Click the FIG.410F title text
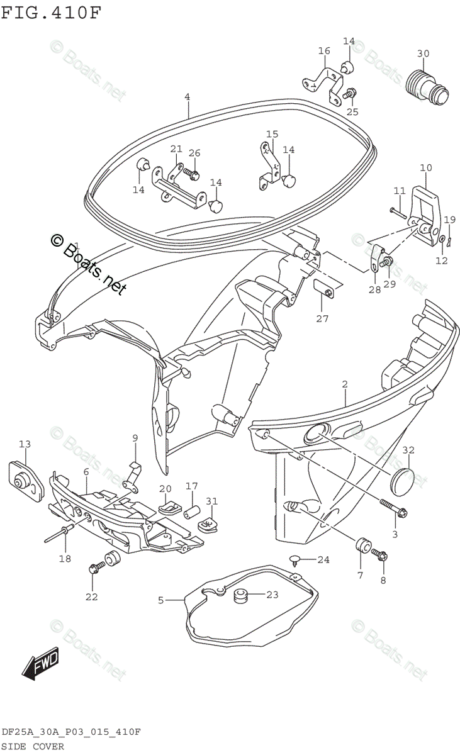50,12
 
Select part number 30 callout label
423,53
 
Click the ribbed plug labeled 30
427,84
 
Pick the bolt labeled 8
381,555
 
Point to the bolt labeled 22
96,568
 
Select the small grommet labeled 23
240,595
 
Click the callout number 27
322,318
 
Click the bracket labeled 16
324,82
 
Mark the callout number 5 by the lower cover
160,600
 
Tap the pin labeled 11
398,211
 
